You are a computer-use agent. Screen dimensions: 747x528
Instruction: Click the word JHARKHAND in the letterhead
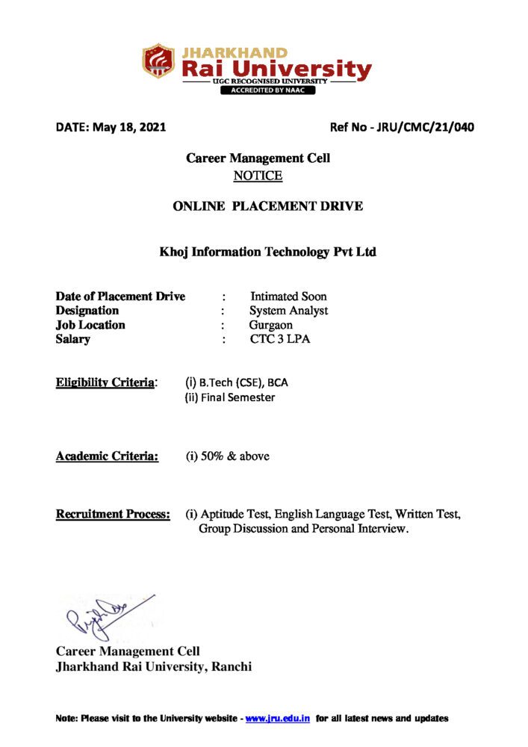tap(234, 52)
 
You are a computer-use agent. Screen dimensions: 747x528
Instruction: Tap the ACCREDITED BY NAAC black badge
tap(267, 90)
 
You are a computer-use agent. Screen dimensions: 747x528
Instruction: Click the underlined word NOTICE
tap(258, 176)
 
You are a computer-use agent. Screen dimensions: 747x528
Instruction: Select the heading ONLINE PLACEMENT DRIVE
tap(268, 206)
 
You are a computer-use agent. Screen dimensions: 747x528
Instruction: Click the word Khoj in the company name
tap(174, 252)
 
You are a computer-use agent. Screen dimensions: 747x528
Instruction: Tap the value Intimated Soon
tap(288, 297)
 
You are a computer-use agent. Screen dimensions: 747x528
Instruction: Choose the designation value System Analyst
tap(288, 311)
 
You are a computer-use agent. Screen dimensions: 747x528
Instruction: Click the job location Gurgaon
tap(271, 325)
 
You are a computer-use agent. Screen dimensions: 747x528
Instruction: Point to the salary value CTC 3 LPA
tap(280, 340)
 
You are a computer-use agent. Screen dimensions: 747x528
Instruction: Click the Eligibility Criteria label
tap(106, 383)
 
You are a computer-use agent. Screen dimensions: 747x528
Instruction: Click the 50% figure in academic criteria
tap(211, 456)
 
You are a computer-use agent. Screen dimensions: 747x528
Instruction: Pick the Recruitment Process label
tap(113, 515)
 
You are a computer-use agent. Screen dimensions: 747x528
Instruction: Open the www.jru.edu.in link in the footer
tap(278, 719)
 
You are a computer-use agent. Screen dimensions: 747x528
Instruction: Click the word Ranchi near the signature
tap(232, 667)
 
